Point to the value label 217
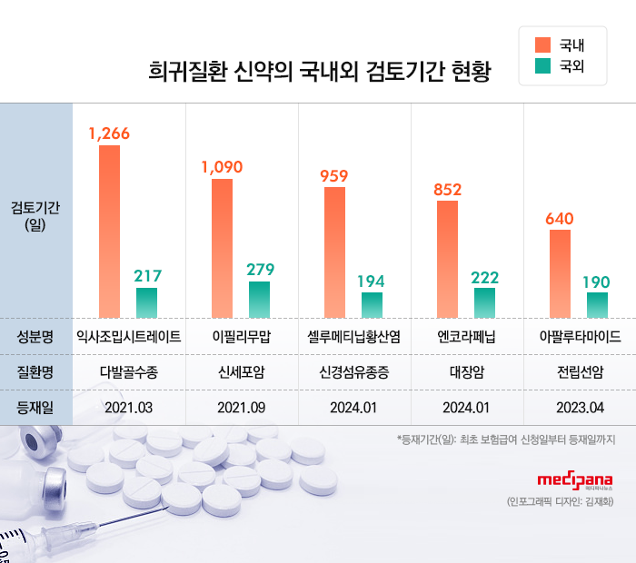tap(147, 275)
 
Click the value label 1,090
tap(222, 166)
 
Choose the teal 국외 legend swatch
tap(543, 65)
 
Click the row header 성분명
tap(35, 336)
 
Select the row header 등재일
tap(35, 407)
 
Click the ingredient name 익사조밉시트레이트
tap(128, 336)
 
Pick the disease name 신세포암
tap(241, 371)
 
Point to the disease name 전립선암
tap(580, 371)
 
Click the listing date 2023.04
tap(580, 407)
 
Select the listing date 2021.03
tap(128, 407)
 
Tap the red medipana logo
tap(574, 480)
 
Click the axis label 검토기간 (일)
tap(35, 216)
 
